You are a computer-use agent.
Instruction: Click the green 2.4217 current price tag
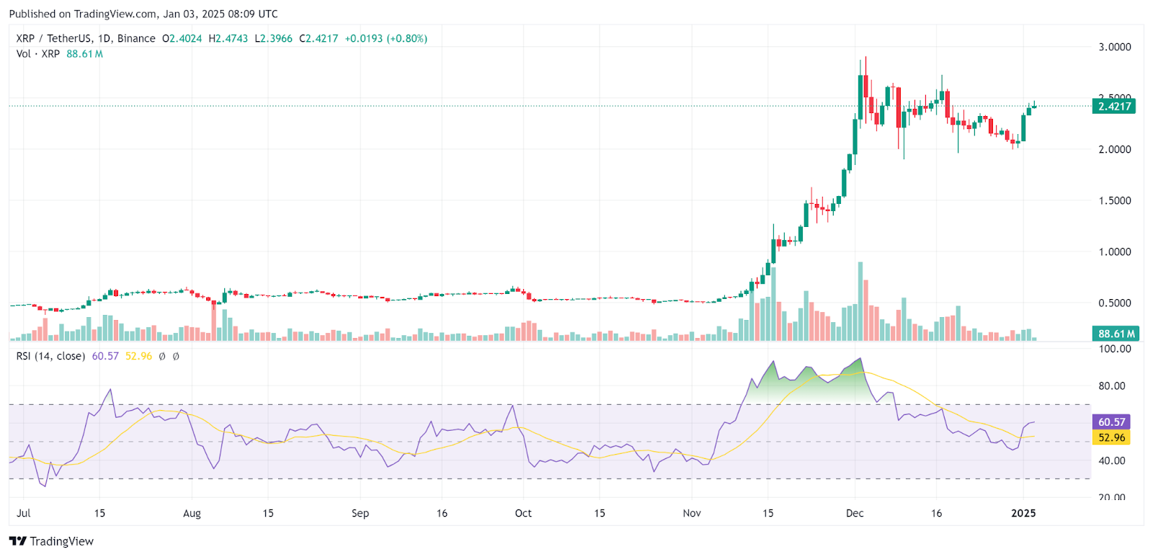tap(1114, 106)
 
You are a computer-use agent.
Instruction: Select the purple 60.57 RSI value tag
tap(1111, 422)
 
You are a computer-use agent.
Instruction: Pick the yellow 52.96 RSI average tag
tap(1111, 437)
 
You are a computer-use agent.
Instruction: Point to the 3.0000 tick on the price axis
tap(1114, 47)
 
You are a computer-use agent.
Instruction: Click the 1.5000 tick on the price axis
tap(1114, 200)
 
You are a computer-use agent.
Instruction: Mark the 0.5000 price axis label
tap(1114, 303)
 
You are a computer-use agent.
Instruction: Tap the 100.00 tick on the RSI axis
tap(1114, 349)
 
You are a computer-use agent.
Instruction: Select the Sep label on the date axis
tap(360, 513)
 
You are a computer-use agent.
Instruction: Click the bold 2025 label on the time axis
tap(1023, 513)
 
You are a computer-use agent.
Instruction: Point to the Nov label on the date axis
tap(692, 513)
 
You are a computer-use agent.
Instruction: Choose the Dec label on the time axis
tap(855, 513)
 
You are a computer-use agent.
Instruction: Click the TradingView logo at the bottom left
tap(51, 541)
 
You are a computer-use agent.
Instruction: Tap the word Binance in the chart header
tap(136, 38)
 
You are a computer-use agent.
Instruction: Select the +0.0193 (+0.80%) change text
tap(386, 38)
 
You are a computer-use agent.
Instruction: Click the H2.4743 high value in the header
tap(228, 38)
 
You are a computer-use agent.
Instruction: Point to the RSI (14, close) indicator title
tap(50, 356)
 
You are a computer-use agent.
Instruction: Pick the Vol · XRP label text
tap(38, 54)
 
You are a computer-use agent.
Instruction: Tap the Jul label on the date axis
tap(24, 513)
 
